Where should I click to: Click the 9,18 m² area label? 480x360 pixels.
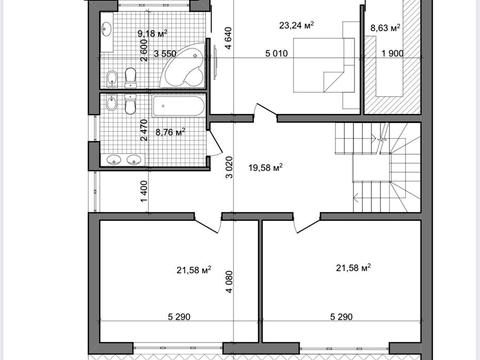pyautogui.click(x=152, y=33)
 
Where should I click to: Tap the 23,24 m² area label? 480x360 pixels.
pyautogui.click(x=297, y=25)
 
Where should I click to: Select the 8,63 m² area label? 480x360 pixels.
pyautogui.click(x=385, y=28)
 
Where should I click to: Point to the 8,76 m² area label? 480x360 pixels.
pyautogui.click(x=170, y=132)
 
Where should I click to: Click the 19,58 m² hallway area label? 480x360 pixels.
pyautogui.click(x=265, y=167)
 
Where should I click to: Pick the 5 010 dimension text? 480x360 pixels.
pyautogui.click(x=276, y=53)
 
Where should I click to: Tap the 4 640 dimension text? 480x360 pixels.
pyautogui.click(x=228, y=38)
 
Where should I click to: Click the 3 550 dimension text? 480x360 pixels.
pyautogui.click(x=165, y=53)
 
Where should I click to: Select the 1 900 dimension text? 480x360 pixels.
pyautogui.click(x=392, y=53)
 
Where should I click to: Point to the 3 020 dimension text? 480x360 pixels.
pyautogui.click(x=229, y=167)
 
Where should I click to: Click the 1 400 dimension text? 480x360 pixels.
pyautogui.click(x=144, y=191)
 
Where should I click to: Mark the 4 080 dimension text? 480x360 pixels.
pyautogui.click(x=229, y=282)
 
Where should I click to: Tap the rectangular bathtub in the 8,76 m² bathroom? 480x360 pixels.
pyautogui.click(x=178, y=106)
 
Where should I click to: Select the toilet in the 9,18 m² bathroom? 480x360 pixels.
pyautogui.click(x=130, y=78)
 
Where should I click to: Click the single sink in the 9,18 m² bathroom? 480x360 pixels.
pyautogui.click(x=107, y=29)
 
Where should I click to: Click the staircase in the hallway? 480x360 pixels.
pyautogui.click(x=378, y=167)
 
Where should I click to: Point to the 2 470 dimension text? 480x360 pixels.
pyautogui.click(x=144, y=130)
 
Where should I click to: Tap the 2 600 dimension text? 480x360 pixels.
pyautogui.click(x=144, y=50)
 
